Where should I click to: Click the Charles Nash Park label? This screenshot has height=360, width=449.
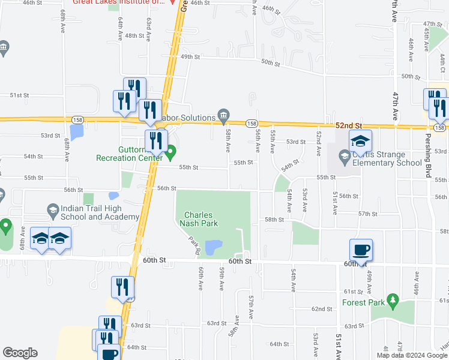click(199, 219)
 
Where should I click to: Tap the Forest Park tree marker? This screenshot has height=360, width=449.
click(393, 299)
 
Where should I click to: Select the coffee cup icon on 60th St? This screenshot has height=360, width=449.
click(361, 249)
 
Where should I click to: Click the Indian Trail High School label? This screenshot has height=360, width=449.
click(92, 212)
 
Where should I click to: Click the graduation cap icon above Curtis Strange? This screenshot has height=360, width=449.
click(361, 141)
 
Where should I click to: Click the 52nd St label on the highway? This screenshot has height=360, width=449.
click(349, 125)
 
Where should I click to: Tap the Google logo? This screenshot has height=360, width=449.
click(20, 353)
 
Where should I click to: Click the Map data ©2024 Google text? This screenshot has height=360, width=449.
click(412, 355)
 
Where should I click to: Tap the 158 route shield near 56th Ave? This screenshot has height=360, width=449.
click(252, 123)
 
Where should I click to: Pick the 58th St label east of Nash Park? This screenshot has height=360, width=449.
click(275, 220)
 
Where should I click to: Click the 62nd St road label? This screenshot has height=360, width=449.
click(322, 309)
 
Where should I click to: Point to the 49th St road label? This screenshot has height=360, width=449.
click(190, 56)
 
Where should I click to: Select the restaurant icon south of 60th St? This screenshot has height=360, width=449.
click(120, 288)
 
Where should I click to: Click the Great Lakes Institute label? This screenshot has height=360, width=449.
click(118, 2)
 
